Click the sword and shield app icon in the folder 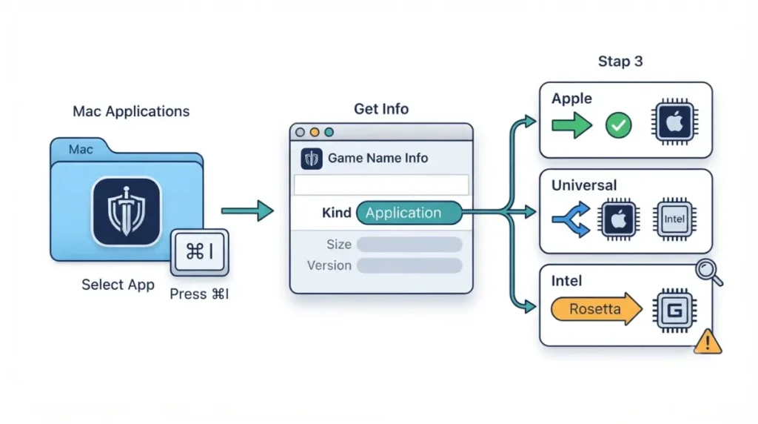tap(127, 211)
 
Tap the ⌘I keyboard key tap(200, 252)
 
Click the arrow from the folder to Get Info tap(247, 211)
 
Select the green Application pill tap(409, 213)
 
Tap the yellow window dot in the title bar tap(315, 132)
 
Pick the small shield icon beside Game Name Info tap(312, 159)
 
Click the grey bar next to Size tap(409, 245)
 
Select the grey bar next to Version tap(409, 265)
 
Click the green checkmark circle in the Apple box tap(618, 125)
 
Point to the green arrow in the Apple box tap(572, 125)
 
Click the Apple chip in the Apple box tap(675, 122)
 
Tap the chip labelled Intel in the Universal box tap(674, 219)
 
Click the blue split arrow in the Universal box tap(571, 219)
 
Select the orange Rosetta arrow tap(597, 309)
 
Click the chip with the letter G tap(675, 311)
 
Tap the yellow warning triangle tap(708, 342)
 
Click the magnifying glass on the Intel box tap(708, 273)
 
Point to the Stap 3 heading tap(620, 62)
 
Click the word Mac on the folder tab tap(81, 149)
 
